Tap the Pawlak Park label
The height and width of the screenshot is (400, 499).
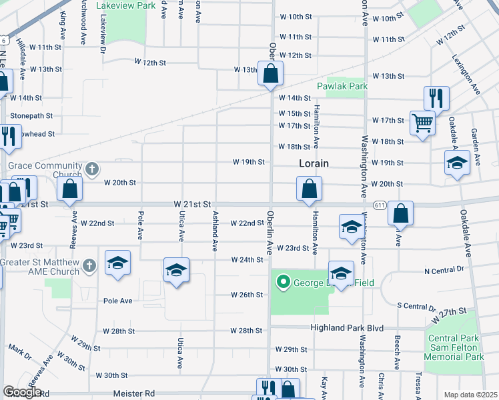[x=342, y=87]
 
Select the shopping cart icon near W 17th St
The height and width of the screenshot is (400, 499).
[x=422, y=123]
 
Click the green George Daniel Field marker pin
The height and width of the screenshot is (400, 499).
[x=283, y=283]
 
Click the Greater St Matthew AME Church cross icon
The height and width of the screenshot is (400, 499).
[x=90, y=268]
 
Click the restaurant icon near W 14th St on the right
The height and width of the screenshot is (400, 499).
[x=436, y=98]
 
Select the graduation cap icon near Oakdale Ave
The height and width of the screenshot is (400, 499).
[x=457, y=163]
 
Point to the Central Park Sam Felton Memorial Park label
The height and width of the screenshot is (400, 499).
[x=455, y=347]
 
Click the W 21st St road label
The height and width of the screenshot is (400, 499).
[x=192, y=203]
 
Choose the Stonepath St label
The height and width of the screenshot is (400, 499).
[x=31, y=116]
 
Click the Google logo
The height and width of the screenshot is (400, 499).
[x=22, y=392]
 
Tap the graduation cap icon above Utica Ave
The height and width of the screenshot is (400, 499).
[x=176, y=270]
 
